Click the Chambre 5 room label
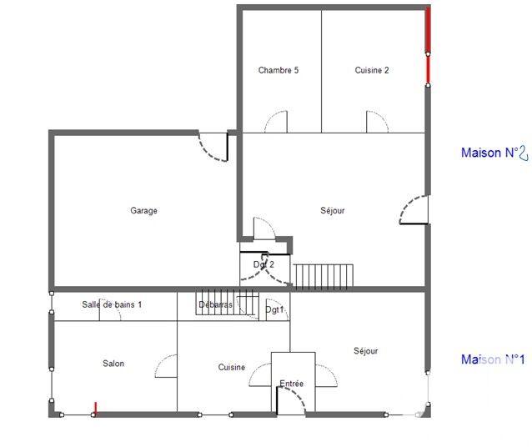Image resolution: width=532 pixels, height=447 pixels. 278,71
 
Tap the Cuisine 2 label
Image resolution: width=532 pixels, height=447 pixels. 371,71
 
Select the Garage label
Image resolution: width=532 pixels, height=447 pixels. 143,211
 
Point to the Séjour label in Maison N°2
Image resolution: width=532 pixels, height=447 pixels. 332,211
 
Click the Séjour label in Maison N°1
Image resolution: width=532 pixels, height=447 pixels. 365,351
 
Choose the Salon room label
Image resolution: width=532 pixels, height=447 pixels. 113,364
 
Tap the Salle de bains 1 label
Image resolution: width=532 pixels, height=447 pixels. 112,305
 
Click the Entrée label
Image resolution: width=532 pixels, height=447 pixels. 291,384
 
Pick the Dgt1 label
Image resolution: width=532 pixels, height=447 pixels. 274,309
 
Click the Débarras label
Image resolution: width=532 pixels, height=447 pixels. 215,305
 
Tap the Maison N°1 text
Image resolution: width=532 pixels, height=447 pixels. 493,359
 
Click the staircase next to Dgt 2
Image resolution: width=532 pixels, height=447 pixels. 324,275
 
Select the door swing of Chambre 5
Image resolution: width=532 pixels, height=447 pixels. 276,123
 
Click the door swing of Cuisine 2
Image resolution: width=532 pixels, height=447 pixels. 377,123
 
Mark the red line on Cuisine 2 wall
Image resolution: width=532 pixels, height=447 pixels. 428,46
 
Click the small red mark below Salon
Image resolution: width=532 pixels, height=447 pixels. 95,408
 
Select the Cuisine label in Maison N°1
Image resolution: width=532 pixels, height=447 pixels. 232,368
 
